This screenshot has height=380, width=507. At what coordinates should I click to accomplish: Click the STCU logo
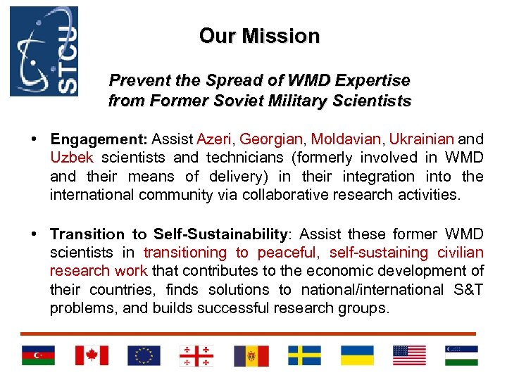click(44, 51)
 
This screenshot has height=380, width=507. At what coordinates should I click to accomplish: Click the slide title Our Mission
click(259, 36)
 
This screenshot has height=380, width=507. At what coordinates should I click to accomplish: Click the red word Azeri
click(215, 139)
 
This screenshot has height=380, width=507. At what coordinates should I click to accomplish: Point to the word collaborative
click(288, 194)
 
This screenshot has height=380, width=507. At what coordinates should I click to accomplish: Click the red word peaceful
click(288, 253)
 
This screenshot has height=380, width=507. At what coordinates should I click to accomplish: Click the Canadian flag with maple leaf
click(92, 355)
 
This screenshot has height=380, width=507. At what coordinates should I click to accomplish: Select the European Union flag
click(144, 355)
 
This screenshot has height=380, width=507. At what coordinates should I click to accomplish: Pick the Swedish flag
click(304, 355)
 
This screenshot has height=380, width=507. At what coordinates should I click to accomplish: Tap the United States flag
click(409, 355)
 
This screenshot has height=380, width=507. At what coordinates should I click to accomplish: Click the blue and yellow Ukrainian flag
click(357, 355)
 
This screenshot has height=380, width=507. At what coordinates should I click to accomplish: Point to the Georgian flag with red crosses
click(196, 355)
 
